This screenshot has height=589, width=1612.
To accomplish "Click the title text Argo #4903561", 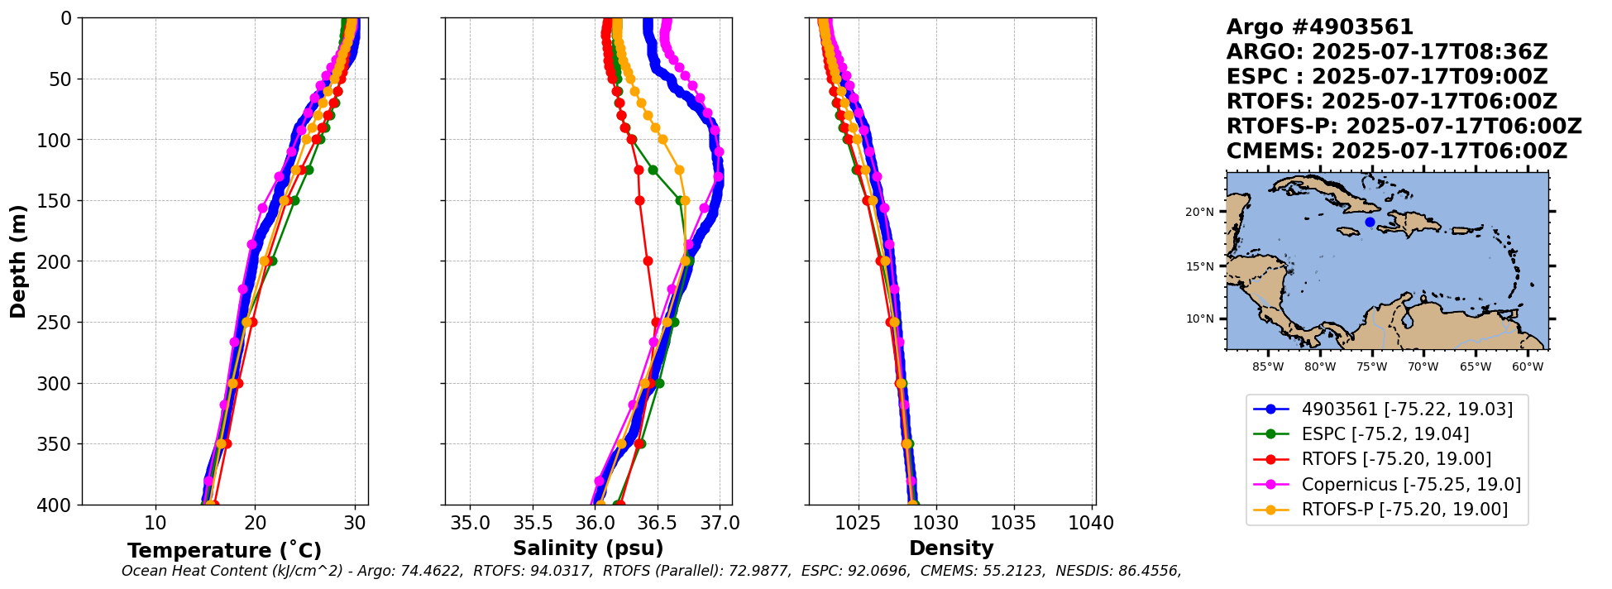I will click(1320, 27).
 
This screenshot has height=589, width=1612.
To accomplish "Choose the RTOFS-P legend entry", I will click(1404, 510).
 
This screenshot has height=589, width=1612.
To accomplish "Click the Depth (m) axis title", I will click(18, 261).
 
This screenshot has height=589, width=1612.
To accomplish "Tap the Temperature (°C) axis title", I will click(224, 551).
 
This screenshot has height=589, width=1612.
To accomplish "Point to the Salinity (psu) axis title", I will click(588, 548).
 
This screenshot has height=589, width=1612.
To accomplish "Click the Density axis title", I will click(951, 548).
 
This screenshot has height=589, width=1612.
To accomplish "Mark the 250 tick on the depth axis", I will click(57, 323).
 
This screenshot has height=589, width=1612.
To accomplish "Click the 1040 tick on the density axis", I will click(1091, 524).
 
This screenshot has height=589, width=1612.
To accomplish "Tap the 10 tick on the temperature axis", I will click(155, 524).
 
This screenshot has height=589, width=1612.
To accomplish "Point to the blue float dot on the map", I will click(1370, 222).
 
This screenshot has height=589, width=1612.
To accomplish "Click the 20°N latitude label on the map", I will click(1199, 212).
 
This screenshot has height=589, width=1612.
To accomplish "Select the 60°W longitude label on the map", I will click(1527, 366).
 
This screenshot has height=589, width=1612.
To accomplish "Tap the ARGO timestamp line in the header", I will click(1386, 52).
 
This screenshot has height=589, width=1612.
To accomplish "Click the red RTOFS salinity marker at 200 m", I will click(648, 261).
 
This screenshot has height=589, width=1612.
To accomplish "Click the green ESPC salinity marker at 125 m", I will click(653, 170).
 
